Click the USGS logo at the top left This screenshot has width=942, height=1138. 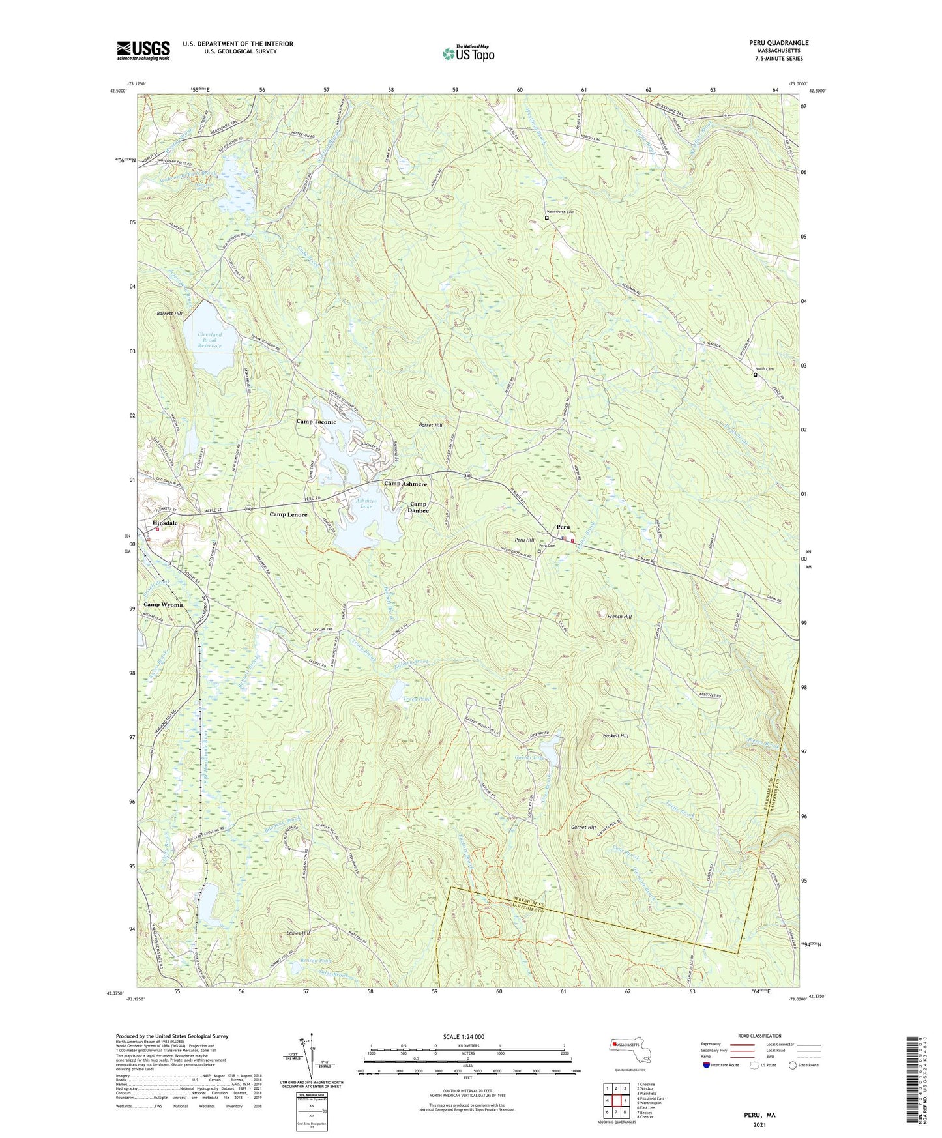(x=143, y=50)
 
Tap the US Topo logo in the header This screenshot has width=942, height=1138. (x=468, y=53)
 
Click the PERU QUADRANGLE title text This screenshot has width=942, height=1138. (x=778, y=43)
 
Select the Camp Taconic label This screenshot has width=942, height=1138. (x=316, y=422)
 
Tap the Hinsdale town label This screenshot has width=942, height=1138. (x=165, y=523)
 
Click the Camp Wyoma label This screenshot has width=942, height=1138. (x=163, y=604)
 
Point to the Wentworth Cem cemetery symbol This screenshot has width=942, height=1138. (x=546, y=218)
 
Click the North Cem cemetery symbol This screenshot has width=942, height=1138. (x=755, y=375)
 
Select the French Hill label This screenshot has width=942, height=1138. (x=619, y=616)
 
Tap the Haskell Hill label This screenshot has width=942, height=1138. (x=615, y=735)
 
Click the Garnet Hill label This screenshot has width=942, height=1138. (x=583, y=827)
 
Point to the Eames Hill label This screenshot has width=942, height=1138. (x=298, y=933)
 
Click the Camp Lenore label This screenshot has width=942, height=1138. (x=288, y=514)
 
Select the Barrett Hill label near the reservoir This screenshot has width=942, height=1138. (x=169, y=314)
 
